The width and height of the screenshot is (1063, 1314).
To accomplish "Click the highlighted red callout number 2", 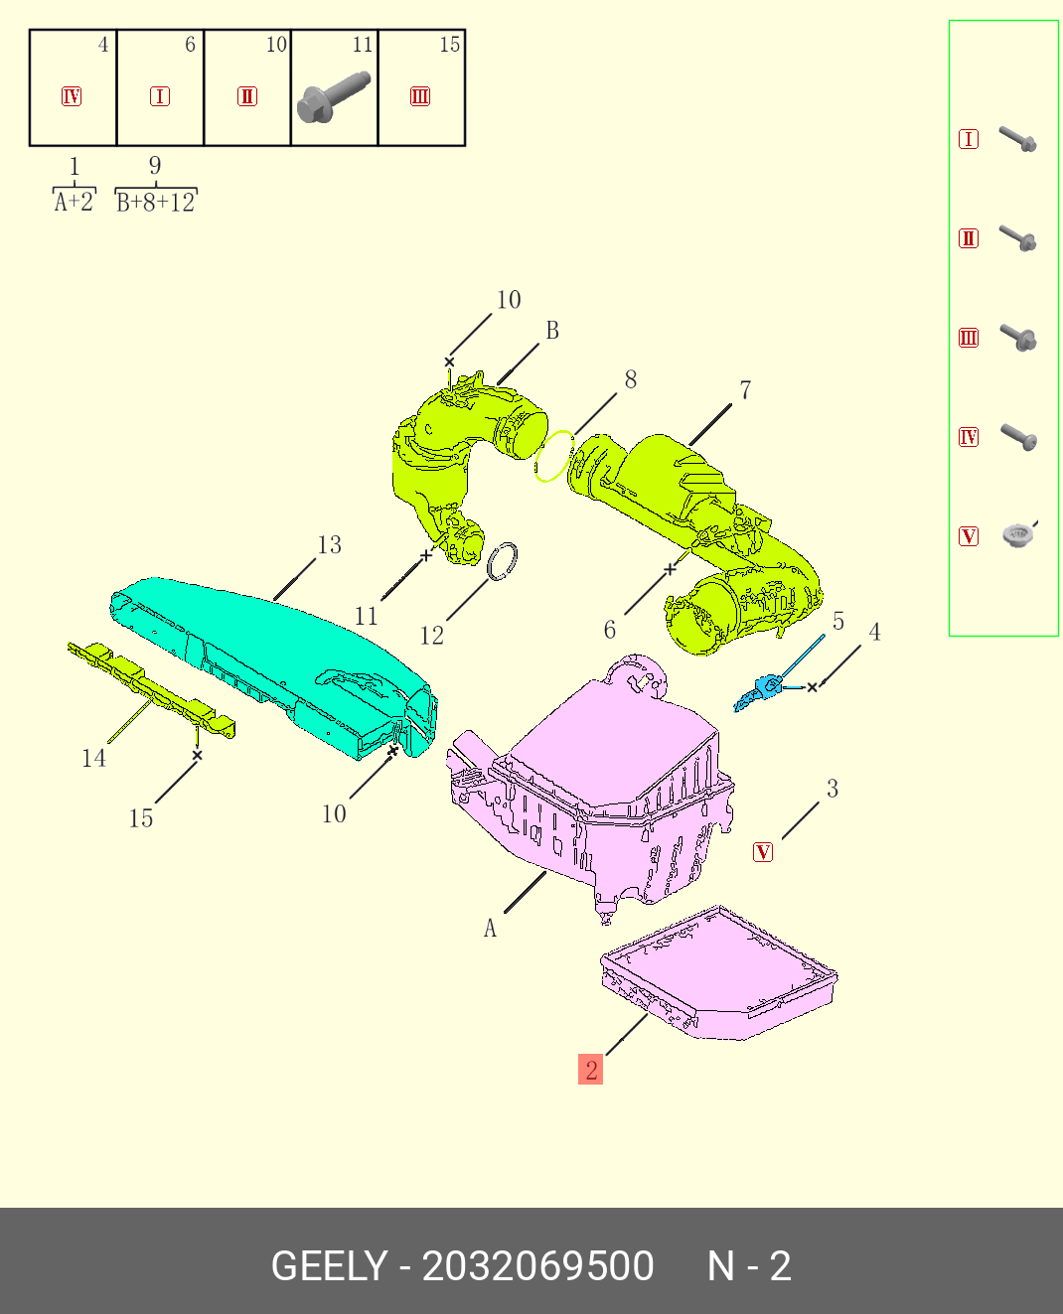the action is click(x=590, y=1070).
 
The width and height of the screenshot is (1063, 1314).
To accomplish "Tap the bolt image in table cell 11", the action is click(x=334, y=97).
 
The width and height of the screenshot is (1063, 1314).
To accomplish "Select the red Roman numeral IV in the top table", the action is click(x=72, y=97).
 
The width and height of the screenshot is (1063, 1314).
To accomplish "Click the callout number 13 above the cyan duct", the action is click(x=329, y=544).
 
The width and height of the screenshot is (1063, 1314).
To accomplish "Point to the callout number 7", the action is click(x=745, y=390).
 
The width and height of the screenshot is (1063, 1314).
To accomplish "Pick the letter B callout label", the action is click(x=552, y=331).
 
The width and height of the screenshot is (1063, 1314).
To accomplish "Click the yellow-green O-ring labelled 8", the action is click(x=554, y=457).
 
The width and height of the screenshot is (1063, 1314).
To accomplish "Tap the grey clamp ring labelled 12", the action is click(x=503, y=561).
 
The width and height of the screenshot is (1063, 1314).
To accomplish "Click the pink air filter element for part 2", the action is click(x=719, y=973).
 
